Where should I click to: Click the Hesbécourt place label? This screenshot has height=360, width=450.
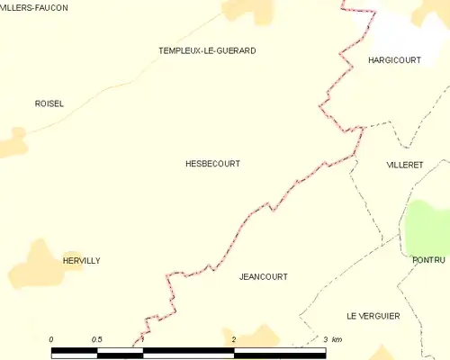pos(212,164)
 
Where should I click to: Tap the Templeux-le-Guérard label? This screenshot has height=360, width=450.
pos(207,51)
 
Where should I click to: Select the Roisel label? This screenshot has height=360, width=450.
pos(49,103)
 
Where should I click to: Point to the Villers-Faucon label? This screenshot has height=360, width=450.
pos(34,7)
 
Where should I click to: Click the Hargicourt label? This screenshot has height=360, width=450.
pos(395,59)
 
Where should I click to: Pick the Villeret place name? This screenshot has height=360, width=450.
pos(404,166)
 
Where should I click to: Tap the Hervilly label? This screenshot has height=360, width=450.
pos(81,261)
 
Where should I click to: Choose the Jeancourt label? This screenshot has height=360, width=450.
pos(264,277)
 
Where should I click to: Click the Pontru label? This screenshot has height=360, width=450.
pos(429,260)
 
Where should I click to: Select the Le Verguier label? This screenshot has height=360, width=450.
pos(373,316)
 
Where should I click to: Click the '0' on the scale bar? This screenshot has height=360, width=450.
pos(51,339)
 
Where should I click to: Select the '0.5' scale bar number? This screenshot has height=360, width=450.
pos(97,339)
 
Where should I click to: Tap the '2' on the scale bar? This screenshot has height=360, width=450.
pos(234,339)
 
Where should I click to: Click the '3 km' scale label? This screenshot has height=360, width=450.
pos(332,339)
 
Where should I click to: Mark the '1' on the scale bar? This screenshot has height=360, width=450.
pos(142,339)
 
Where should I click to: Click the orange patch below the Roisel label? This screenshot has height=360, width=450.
pos(13,141)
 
